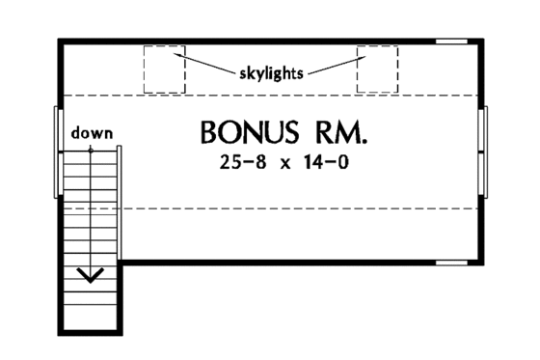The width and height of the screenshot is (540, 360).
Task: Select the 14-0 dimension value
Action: (325, 164)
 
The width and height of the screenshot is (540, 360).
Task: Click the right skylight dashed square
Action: (377, 69)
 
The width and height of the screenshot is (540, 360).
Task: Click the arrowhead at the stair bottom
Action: (92, 277)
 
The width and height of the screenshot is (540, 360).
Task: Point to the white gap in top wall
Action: (450, 42)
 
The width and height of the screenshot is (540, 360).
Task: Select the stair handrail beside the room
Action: (120, 203)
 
